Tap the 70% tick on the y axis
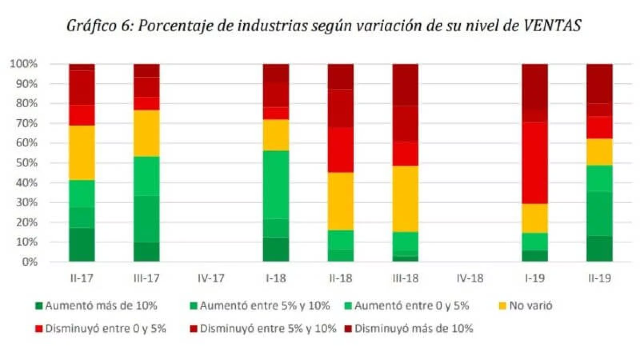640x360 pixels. [24, 123]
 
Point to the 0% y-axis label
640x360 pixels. [30, 262]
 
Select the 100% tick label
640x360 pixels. [24, 64]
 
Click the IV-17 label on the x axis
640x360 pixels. [211, 278]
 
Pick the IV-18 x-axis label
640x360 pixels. [470, 278]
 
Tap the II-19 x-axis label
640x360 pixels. [599, 278]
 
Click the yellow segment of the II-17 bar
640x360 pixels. [82, 153]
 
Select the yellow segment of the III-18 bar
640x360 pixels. [405, 199]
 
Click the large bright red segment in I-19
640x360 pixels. [535, 163]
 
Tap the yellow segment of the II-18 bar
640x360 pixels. [340, 201]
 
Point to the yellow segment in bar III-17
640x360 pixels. [146, 133]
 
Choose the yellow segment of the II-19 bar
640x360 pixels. [599, 152]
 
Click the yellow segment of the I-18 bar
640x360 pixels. [276, 135]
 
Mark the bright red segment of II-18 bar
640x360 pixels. [340, 150]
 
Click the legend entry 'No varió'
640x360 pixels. [526, 306]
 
